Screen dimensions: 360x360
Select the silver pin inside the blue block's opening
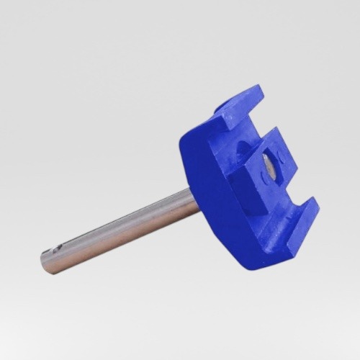[x=269, y=166]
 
